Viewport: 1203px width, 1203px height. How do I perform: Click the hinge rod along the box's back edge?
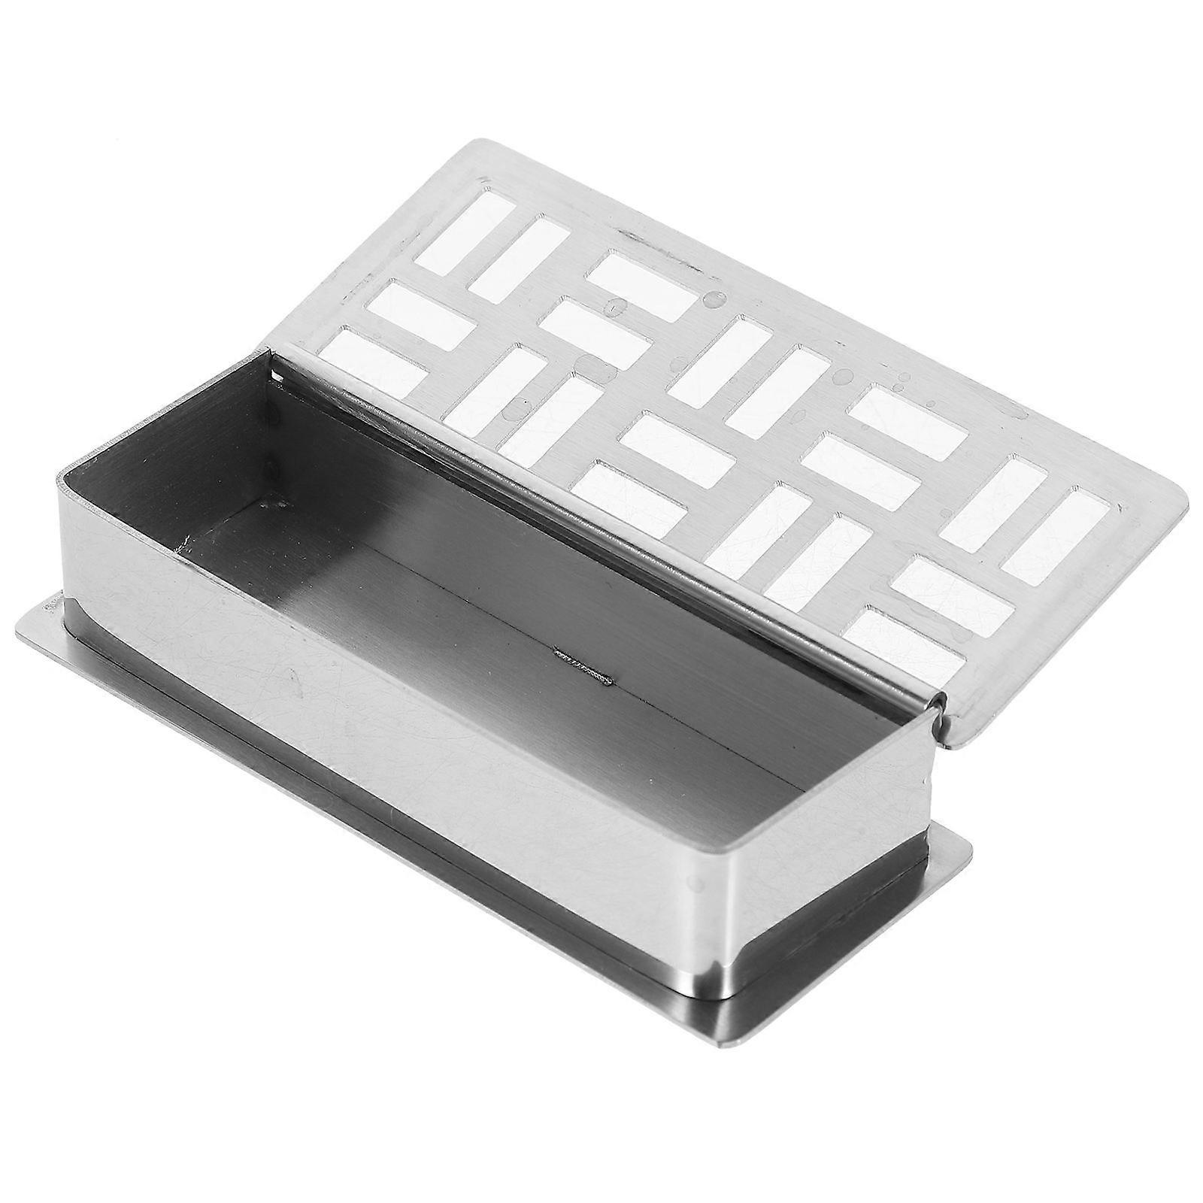click(x=601, y=526)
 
